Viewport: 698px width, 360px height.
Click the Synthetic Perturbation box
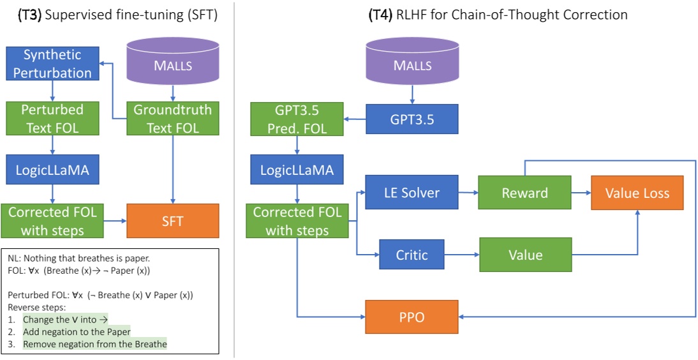point(52,64)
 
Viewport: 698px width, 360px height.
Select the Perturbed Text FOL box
point(52,118)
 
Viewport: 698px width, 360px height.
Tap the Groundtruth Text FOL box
point(172,118)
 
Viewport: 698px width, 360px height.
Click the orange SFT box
point(172,221)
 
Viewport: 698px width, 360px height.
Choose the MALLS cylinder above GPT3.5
point(412,63)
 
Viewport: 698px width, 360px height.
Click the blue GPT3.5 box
point(412,119)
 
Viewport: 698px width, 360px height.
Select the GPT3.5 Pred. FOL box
point(297,119)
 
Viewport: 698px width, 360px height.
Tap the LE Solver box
point(412,192)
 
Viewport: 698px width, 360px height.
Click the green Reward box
point(524,192)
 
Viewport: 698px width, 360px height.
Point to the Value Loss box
point(637,192)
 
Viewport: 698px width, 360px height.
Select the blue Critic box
point(412,255)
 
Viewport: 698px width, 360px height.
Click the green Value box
point(525,255)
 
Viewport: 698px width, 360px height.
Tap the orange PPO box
point(412,316)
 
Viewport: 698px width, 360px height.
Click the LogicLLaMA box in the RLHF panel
point(297,170)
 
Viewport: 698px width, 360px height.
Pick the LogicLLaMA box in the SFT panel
point(52,170)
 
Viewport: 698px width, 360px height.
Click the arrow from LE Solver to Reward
point(468,192)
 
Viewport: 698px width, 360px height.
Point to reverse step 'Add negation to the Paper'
point(77,331)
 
